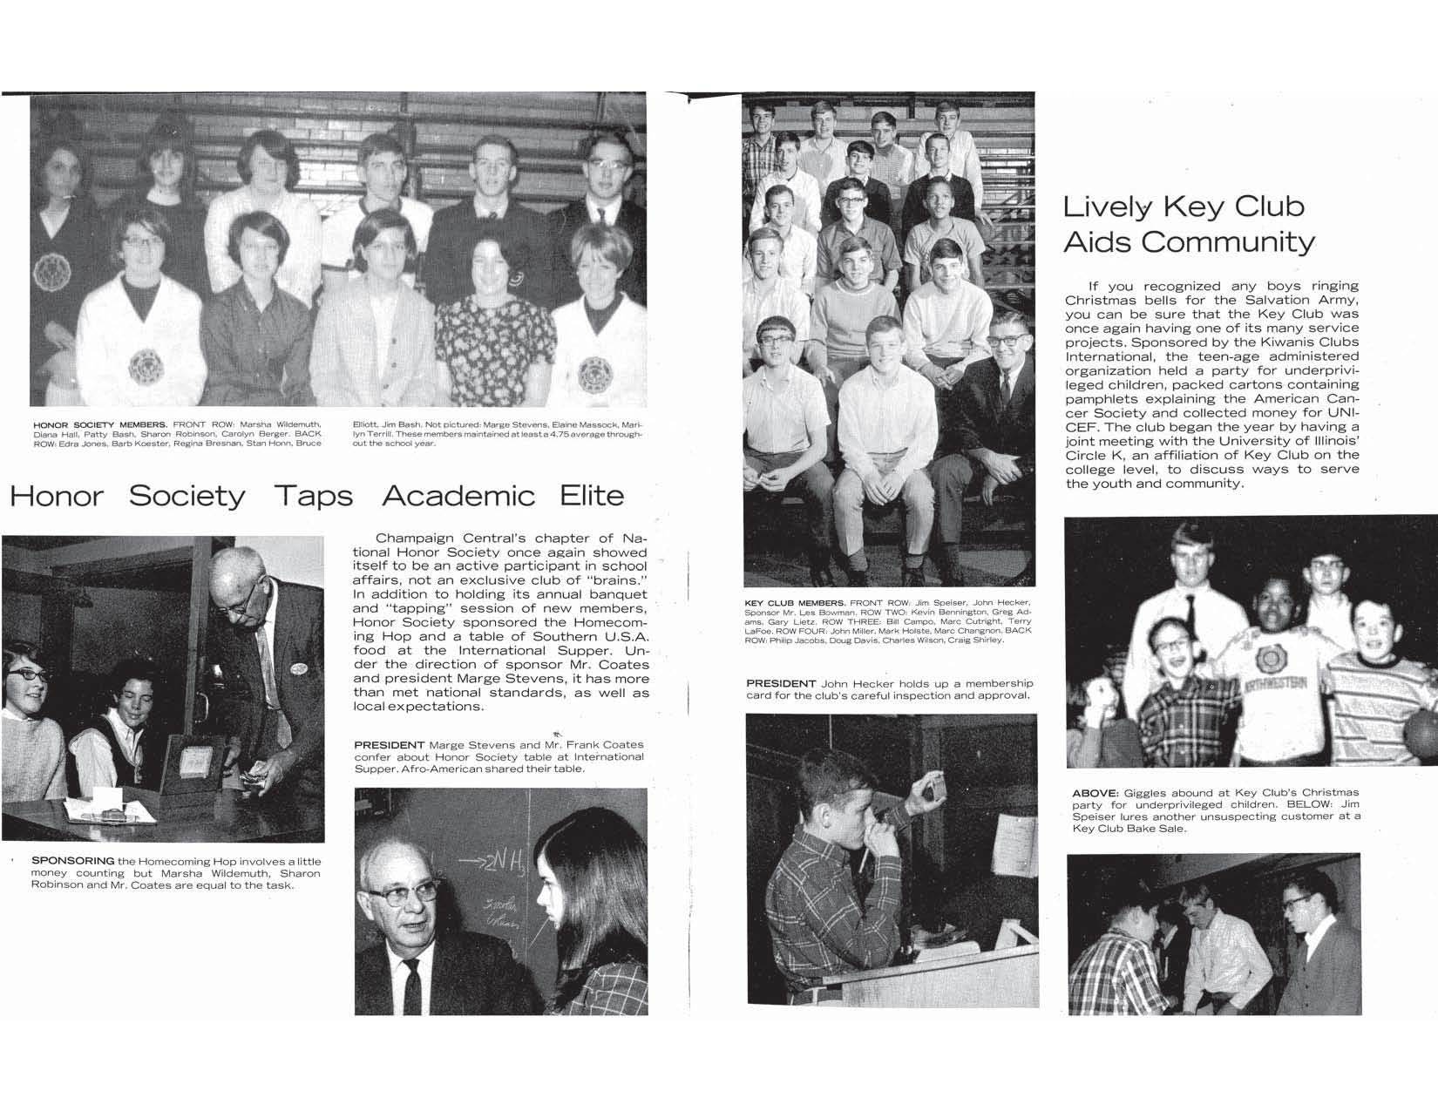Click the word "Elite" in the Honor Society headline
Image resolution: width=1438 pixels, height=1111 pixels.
point(592,496)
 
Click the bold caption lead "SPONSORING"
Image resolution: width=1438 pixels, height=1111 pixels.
point(72,861)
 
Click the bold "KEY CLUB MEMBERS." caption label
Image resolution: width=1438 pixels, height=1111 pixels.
point(794,603)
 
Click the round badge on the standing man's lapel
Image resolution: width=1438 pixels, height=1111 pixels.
point(299,669)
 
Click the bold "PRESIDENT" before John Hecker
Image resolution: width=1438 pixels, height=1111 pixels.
point(781,683)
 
